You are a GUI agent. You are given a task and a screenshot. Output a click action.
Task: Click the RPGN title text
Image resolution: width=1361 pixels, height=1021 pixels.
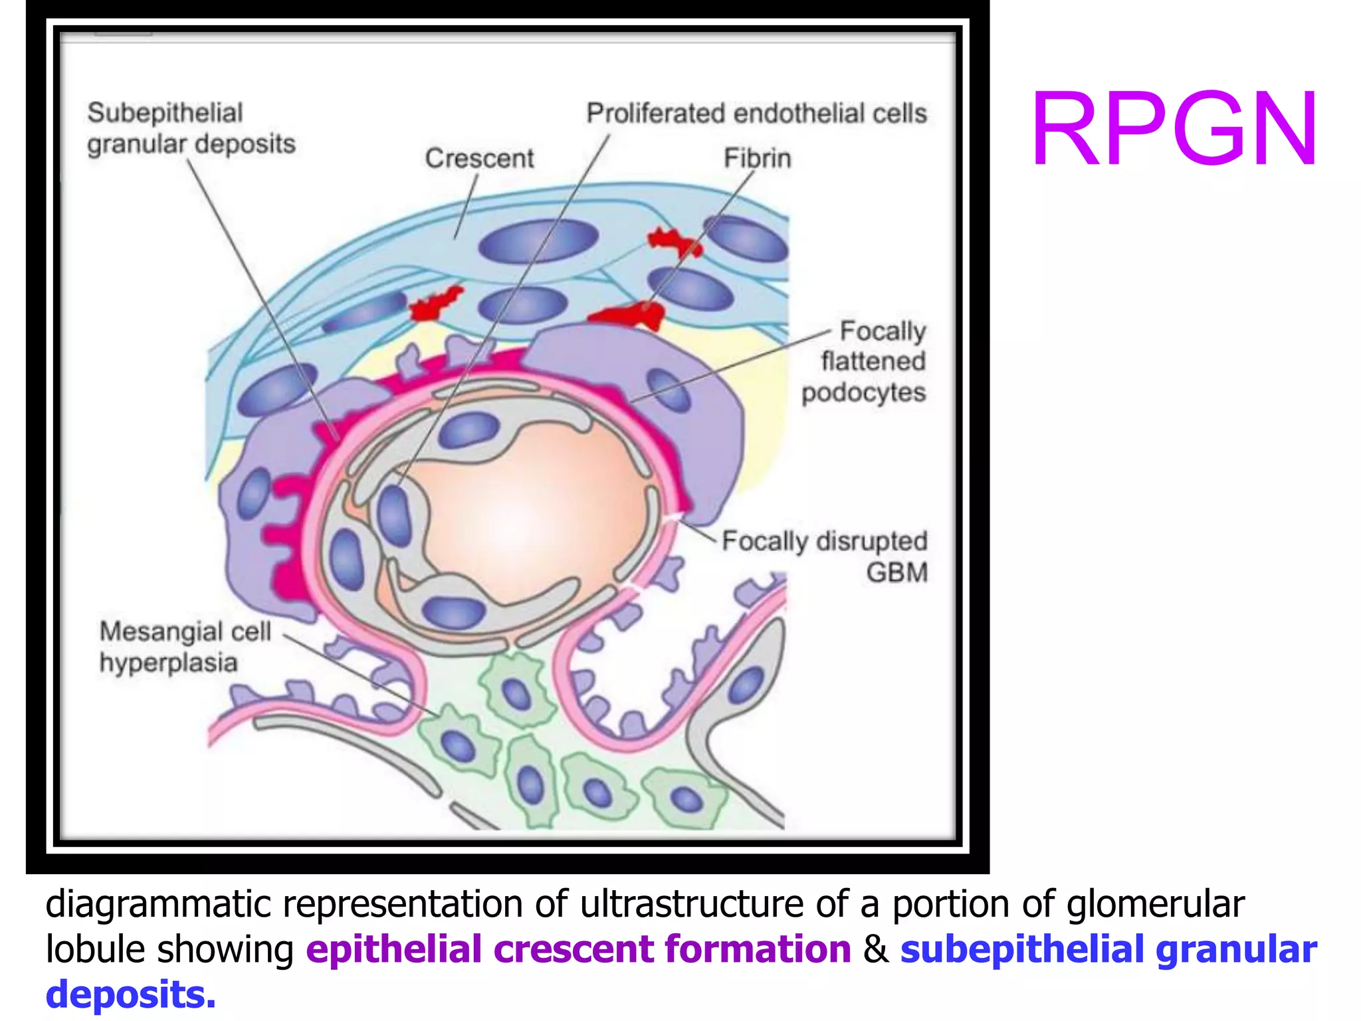coord(1174,130)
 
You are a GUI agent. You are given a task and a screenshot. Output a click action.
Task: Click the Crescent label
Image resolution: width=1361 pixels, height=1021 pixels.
coord(479,158)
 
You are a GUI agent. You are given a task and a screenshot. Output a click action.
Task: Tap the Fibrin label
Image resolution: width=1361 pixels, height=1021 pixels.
coord(758,158)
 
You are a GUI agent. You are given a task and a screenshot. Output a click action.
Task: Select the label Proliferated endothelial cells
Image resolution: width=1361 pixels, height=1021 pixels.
coord(756,114)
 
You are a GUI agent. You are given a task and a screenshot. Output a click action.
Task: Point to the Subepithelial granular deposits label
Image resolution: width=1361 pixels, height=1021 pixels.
coord(191,128)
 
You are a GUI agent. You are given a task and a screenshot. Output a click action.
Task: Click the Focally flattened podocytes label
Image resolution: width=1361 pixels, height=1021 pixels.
coord(864,362)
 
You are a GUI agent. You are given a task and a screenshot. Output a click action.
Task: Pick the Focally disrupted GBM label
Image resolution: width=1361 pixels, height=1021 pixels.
coord(825,556)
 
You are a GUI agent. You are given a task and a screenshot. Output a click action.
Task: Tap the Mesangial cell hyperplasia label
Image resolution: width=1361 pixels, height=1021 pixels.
coord(185,646)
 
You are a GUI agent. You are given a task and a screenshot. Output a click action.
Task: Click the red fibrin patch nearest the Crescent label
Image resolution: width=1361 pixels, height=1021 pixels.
coord(435,304)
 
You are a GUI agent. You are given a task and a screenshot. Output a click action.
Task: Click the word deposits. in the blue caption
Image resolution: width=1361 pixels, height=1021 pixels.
coord(131,995)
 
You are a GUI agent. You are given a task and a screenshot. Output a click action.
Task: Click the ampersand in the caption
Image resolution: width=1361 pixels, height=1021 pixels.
coord(875,949)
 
